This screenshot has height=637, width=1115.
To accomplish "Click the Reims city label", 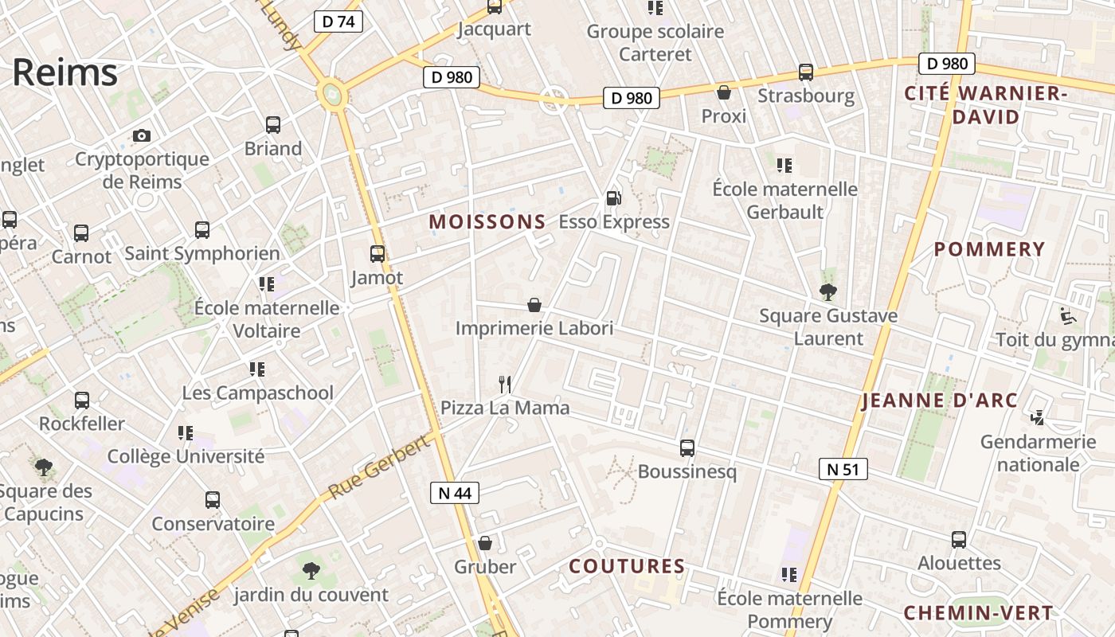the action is (65, 72).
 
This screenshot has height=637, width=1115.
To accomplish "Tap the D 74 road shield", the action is (338, 21).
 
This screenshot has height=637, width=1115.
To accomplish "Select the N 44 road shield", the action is (455, 493).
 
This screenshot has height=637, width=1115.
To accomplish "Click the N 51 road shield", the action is (843, 469).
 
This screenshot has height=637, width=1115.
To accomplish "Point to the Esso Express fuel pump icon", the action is (613, 198).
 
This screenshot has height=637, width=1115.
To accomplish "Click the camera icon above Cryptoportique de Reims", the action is (142, 135).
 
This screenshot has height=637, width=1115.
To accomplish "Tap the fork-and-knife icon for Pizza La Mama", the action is (505, 385).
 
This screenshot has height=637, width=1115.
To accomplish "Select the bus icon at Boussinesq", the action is (687, 448).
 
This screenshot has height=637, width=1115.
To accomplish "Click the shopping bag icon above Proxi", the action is (724, 92).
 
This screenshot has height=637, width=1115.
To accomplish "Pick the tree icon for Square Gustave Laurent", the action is (828, 291).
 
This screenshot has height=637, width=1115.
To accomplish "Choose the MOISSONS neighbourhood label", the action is (487, 222).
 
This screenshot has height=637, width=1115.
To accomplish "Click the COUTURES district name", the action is (627, 566).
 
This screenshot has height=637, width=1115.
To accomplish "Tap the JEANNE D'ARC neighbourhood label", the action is (940, 400).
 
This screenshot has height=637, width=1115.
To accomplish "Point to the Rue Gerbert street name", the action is (379, 468).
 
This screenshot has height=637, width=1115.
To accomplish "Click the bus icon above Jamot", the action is (378, 254).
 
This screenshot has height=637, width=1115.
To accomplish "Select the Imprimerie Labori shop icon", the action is (534, 305).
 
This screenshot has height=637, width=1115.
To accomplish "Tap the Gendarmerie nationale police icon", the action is (1038, 417).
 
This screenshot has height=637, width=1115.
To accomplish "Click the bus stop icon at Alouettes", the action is (959, 539).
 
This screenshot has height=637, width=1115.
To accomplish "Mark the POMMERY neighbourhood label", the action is (989, 249).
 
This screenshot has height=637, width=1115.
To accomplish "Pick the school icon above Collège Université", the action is (186, 433).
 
